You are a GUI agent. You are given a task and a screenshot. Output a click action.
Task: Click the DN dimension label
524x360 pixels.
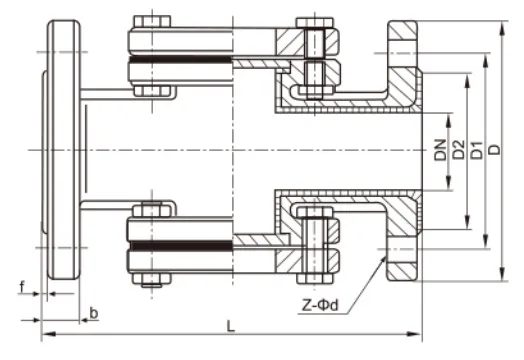[440, 152]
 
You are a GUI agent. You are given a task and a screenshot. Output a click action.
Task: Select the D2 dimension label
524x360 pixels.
[459, 152]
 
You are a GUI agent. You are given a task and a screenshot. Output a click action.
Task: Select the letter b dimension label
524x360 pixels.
[93, 314]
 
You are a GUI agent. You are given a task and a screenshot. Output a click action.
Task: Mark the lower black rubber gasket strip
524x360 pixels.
[180, 243]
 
